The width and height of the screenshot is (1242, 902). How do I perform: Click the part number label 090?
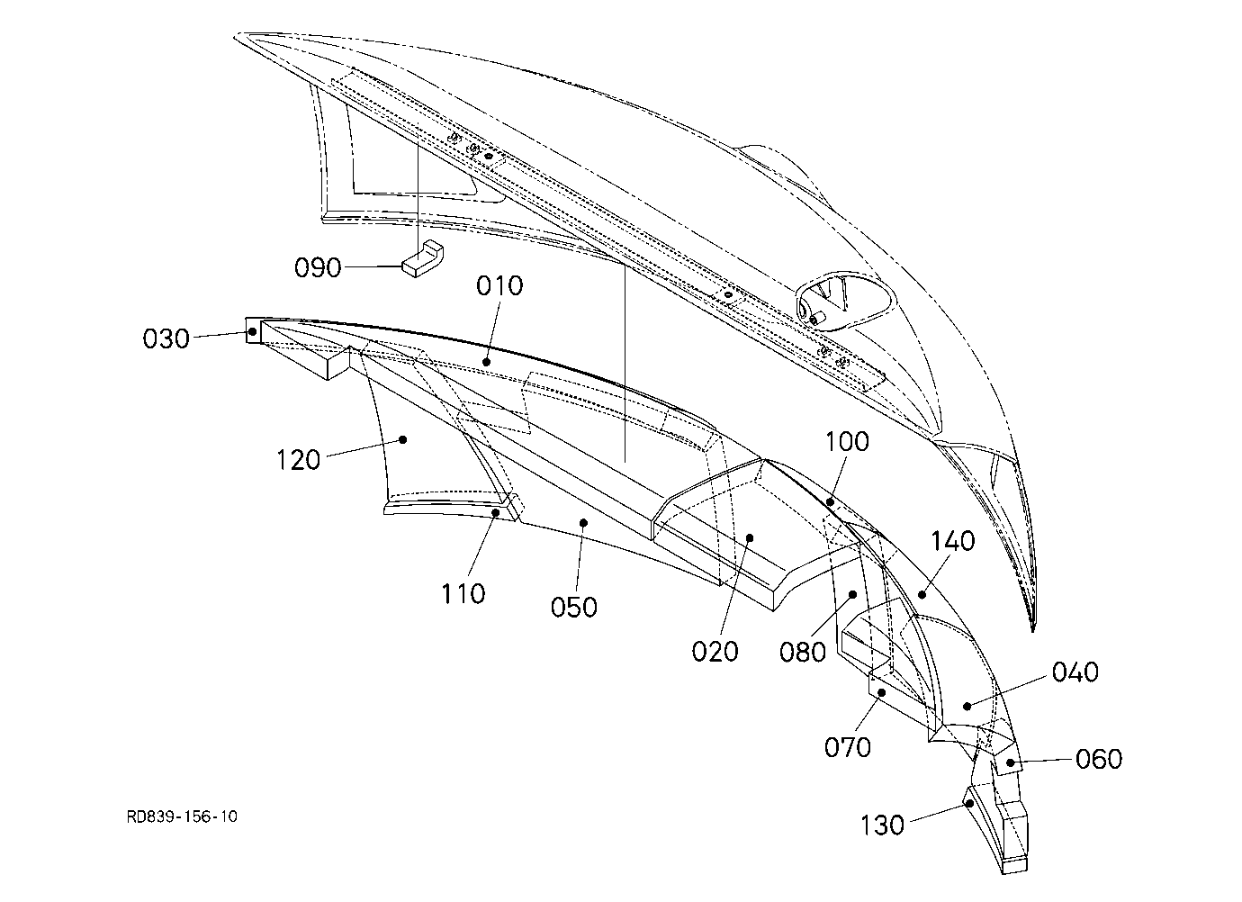(318, 268)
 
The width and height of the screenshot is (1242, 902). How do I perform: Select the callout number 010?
(499, 286)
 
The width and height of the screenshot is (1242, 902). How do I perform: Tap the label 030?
(166, 339)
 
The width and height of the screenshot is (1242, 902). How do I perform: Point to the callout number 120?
(298, 460)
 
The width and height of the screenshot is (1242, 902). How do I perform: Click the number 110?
(463, 594)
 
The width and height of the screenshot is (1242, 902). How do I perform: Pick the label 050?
(574, 608)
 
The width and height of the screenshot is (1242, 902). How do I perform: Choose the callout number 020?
(715, 652)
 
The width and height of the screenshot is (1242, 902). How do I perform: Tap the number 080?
(802, 653)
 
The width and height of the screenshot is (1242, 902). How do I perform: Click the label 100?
(847, 442)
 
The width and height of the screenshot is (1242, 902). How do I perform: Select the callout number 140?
(952, 541)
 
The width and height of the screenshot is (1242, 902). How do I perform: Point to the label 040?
(1075, 672)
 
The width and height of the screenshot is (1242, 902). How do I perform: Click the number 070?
(847, 748)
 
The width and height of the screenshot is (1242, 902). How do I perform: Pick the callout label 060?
(1099, 760)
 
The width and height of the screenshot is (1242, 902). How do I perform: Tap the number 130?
(882, 825)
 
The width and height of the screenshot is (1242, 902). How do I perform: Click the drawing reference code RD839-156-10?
(182, 816)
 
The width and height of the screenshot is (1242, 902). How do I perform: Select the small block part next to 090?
(422, 258)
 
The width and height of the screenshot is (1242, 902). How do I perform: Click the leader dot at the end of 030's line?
(253, 332)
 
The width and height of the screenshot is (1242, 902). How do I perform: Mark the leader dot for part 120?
(403, 439)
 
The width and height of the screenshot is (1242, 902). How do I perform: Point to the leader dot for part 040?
(967, 706)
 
